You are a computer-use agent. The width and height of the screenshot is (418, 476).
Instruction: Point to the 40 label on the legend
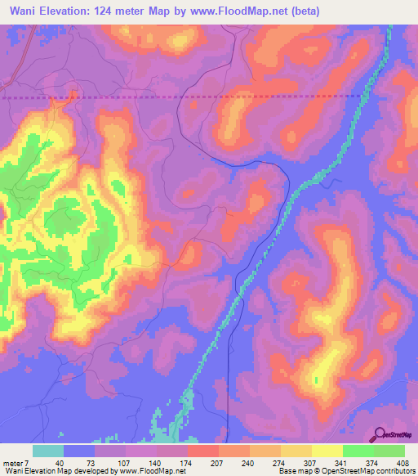pos(59,464)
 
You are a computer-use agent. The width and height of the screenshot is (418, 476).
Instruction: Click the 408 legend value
pos(398,464)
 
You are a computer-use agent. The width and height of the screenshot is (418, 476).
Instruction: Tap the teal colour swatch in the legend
pos(48,451)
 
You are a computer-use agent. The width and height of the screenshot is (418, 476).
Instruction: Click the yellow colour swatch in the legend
pos(326,451)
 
